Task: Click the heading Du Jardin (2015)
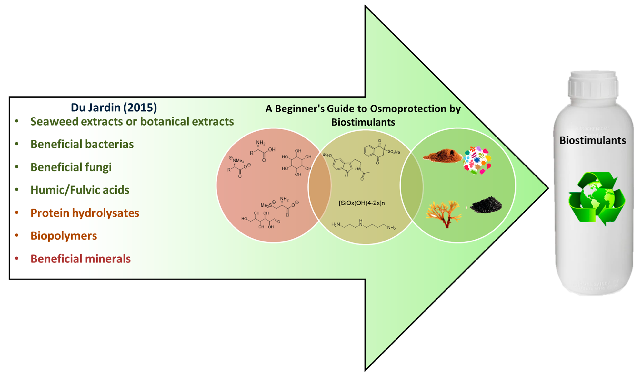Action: (114, 108)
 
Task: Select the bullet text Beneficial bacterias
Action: (82, 144)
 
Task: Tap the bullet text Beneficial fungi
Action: (71, 167)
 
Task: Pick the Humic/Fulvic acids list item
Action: (80, 190)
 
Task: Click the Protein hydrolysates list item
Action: (85, 213)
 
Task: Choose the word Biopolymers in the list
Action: (64, 236)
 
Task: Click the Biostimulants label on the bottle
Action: (592, 141)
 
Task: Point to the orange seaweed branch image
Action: (443, 213)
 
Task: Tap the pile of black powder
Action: (486, 205)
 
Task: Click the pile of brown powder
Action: (442, 155)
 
